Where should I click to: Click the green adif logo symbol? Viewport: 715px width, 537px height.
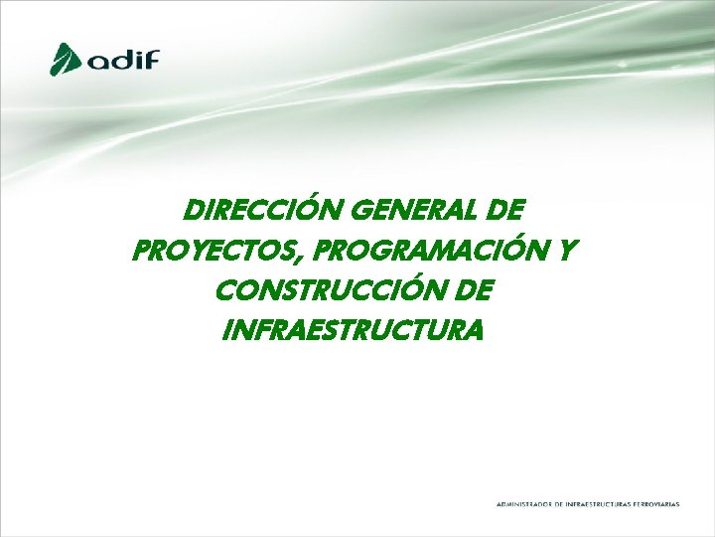[x=67, y=58]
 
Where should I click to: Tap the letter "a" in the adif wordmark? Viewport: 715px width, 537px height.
[x=97, y=62]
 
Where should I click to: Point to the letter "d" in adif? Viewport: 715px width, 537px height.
[x=121, y=59]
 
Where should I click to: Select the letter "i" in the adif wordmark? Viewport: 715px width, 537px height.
[x=138, y=59]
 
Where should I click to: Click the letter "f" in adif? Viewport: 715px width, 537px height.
[x=151, y=58]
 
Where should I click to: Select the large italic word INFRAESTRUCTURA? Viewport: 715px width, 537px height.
[x=356, y=328]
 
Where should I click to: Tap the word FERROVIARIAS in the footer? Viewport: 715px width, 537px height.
[x=658, y=504]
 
